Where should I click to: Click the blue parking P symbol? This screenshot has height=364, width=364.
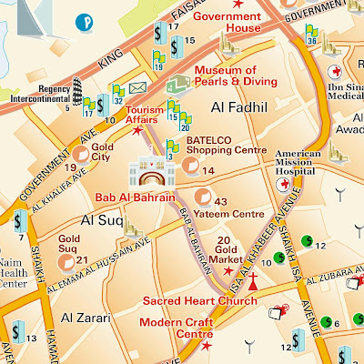[87, 19]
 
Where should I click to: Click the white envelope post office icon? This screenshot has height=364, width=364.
[137, 87]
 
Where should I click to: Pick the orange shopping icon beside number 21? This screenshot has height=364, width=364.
[66, 261]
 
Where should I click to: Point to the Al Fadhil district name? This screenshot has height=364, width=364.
[239, 108]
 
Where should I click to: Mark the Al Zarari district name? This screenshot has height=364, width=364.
[86, 318]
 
